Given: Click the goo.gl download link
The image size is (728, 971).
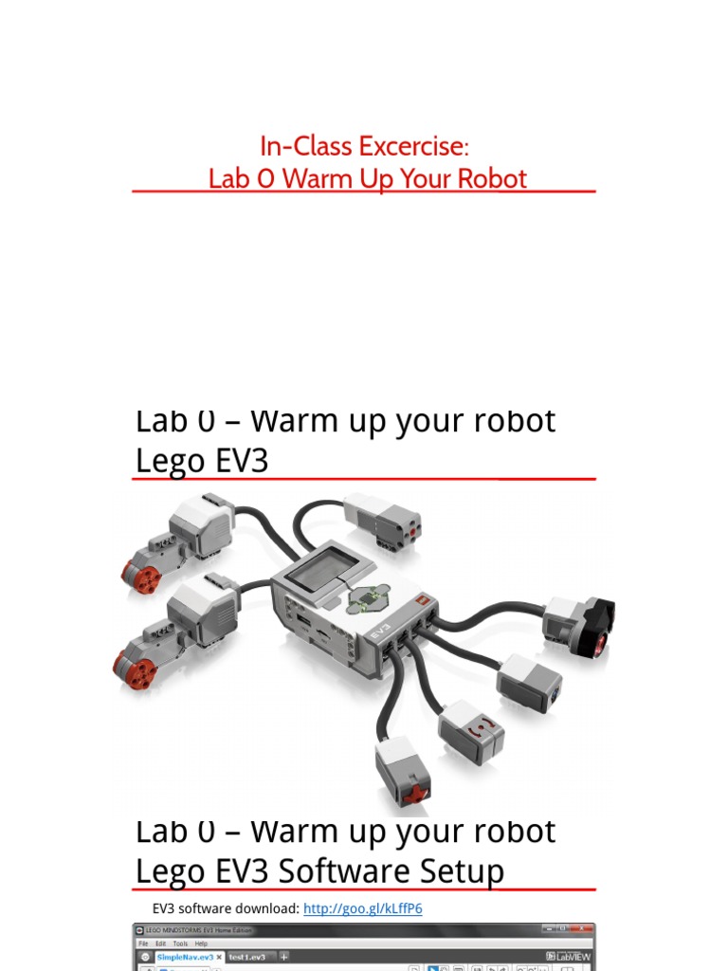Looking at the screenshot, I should pos(362,908).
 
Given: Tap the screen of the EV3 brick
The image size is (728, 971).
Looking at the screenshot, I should pos(322,568).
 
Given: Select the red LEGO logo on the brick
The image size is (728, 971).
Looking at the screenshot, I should pos(423,600).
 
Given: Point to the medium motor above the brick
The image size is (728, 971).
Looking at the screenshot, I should pos(384,520).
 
